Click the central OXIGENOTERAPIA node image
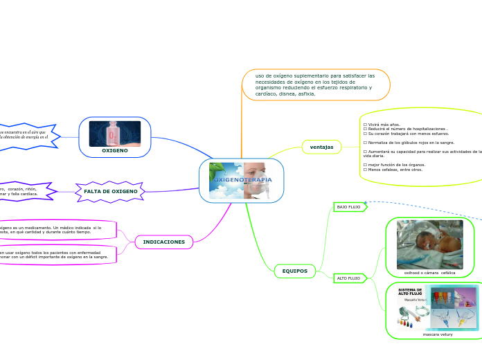coord(241,180)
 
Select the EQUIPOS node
coord(295,271)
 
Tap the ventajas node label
coord(321,147)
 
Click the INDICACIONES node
coord(163,242)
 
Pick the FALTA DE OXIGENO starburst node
coord(111,191)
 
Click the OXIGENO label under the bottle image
coord(115,150)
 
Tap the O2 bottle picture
coord(115,134)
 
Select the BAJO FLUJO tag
coord(348,207)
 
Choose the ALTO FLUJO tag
coord(348,278)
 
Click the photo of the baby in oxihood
coord(429,244)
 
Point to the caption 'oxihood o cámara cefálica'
coord(429,273)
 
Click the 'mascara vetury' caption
coord(438,334)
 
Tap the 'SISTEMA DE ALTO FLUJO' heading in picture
coord(411,292)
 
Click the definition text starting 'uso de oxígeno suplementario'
coord(315,84)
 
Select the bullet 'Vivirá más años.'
coord(382,124)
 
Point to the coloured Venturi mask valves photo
coord(453,307)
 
